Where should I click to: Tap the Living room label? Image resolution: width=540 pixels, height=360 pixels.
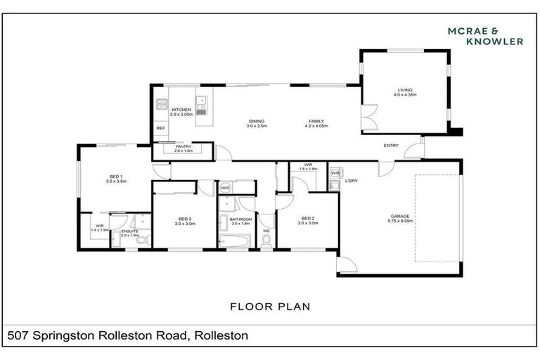point(405,91)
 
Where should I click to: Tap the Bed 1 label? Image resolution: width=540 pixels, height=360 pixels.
point(115,178)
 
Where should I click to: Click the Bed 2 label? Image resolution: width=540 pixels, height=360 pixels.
point(308,220)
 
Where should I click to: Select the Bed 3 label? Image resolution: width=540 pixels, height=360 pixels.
point(185,220)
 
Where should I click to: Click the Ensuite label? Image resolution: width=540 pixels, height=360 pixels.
point(129,232)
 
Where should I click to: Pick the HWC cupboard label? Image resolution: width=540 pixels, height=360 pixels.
point(226,188)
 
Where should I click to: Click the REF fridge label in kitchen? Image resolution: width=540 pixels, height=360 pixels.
point(160,128)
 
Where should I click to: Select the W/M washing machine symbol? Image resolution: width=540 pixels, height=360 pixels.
point(335,173)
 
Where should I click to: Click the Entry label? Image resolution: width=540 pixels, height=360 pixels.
point(390,146)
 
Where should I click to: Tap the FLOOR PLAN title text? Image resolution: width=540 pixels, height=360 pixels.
point(270,307)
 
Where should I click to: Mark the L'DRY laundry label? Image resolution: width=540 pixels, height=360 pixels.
point(352,181)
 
